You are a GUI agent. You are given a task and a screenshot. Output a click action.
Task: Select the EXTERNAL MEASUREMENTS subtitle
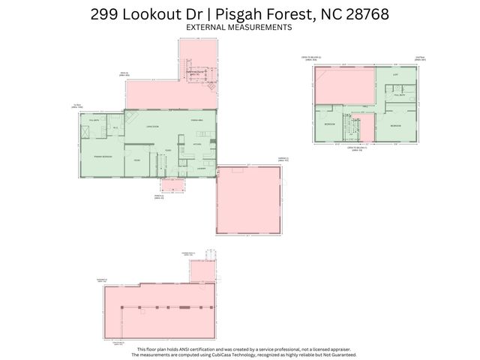click(x=238, y=28)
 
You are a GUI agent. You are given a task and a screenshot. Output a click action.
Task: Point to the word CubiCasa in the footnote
click(x=226, y=355)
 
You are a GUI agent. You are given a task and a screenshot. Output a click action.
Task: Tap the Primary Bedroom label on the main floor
click(x=103, y=156)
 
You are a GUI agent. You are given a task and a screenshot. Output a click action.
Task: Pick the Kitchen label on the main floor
click(x=198, y=143)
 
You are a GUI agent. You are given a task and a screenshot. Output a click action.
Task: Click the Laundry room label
click(x=201, y=169)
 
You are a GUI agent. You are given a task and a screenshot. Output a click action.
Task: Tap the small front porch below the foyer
click(x=173, y=186)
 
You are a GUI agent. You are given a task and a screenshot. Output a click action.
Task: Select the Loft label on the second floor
click(x=396, y=75)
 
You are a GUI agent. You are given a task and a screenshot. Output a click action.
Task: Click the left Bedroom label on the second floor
click(x=328, y=124)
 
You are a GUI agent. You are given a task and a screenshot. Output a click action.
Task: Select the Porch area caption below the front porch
click(x=160, y=196)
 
